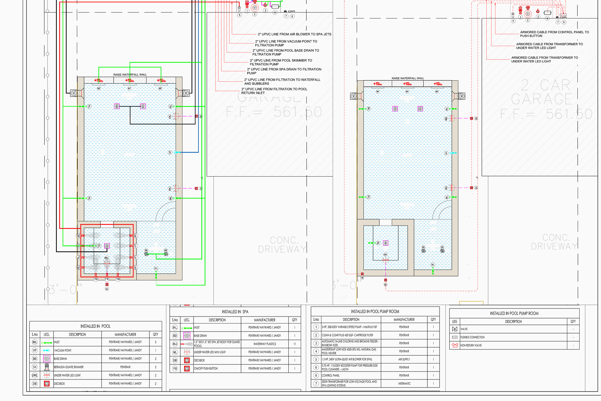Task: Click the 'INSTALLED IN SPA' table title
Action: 235,312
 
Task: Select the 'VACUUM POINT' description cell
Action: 63,350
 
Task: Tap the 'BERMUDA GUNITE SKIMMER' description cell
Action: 69,367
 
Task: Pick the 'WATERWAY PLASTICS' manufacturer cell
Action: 265,344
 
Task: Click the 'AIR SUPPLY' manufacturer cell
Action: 404,359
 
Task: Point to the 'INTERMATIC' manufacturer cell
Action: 404,384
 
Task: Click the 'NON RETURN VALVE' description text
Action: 471,346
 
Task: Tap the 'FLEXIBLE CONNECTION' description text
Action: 472,337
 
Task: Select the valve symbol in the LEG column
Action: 454,329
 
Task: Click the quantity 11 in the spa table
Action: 295,344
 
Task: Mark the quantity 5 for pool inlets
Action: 156,342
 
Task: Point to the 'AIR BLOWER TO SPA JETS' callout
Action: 294,34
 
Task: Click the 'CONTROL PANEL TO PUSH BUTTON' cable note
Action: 554,34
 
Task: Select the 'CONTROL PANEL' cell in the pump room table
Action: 330,376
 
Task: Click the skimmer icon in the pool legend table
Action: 47,367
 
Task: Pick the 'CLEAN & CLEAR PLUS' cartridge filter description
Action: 347,335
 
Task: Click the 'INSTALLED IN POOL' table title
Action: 95,326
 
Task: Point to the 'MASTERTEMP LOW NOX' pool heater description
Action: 349,351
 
